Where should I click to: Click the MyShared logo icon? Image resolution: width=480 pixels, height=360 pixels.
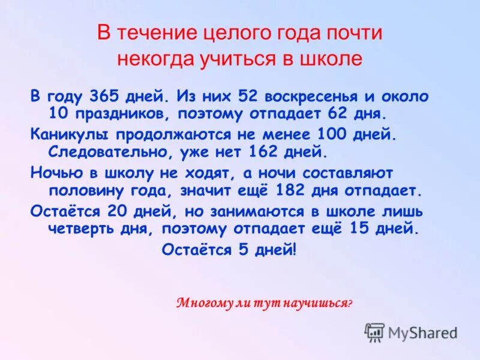pos(374,332)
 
